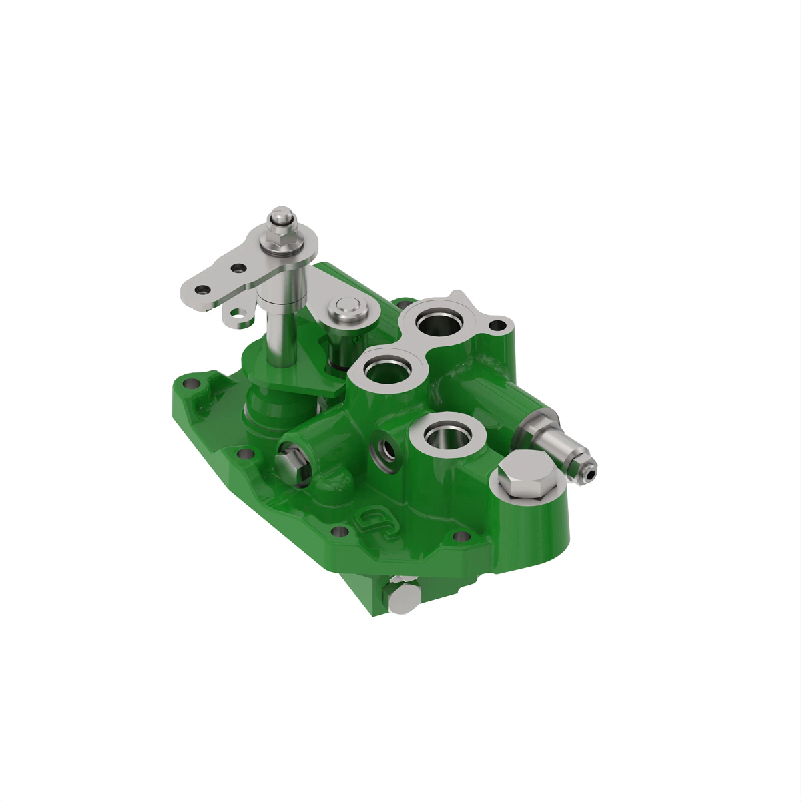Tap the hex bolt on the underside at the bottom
pos(402,597)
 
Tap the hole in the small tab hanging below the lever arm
pos(236,312)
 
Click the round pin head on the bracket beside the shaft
pos(348,308)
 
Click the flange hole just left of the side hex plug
pos(246,455)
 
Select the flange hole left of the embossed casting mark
pos(339,532)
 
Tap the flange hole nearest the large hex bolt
pos(461,536)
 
